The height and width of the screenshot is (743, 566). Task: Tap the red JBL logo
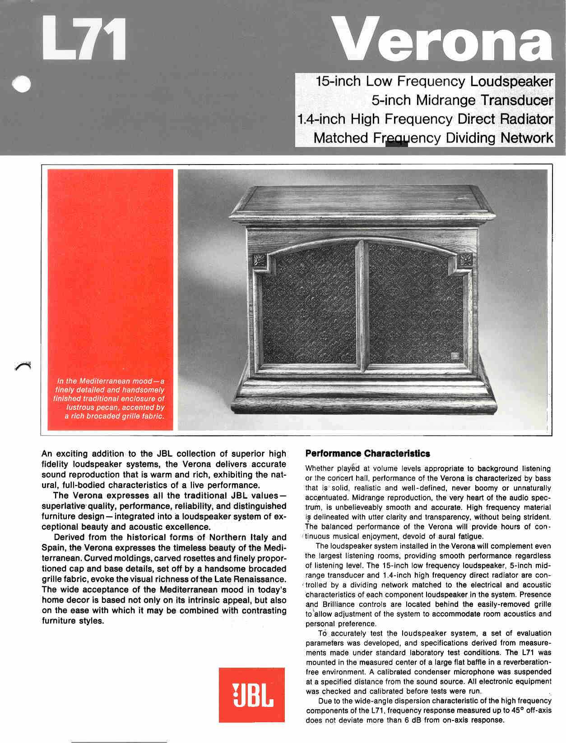tap(252, 694)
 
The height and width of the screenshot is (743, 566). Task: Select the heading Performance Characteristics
tap(367, 454)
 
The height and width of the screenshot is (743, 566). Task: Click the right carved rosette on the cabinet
tap(465, 260)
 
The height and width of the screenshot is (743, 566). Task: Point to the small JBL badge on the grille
tap(455, 355)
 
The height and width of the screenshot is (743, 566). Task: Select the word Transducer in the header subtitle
tap(516, 100)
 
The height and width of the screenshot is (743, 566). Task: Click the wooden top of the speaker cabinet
tap(361, 198)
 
